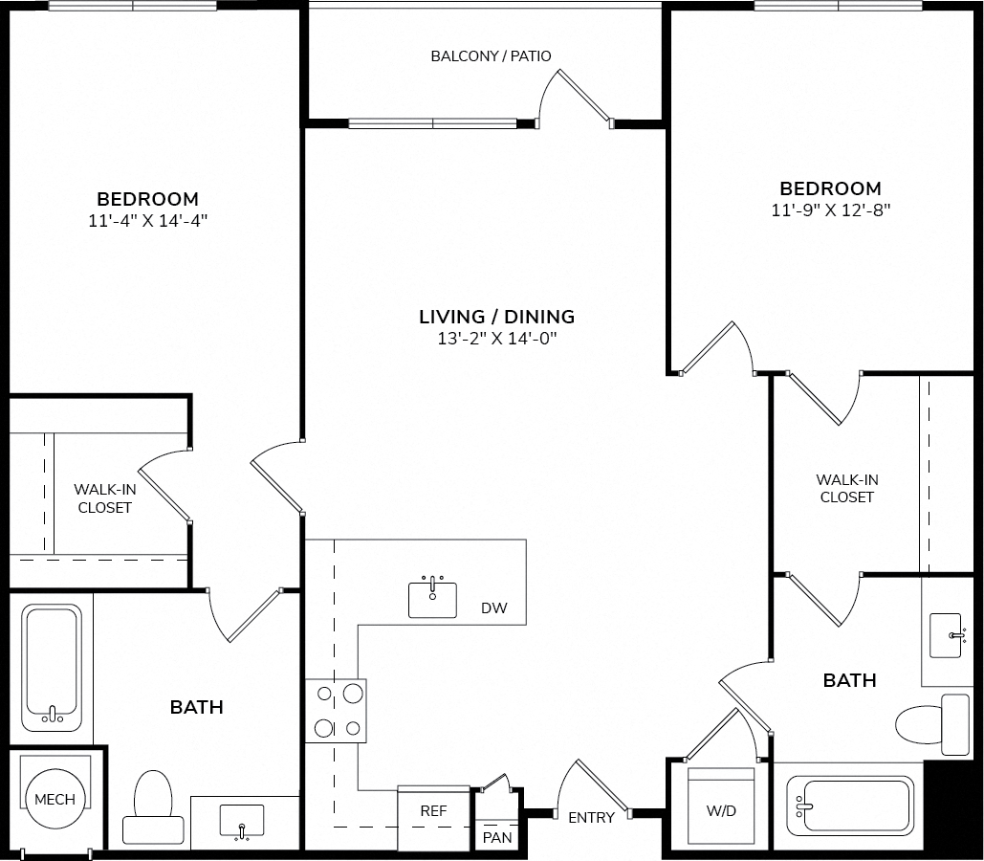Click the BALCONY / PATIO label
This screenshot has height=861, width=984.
(x=491, y=55)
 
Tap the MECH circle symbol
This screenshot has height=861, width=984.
(x=55, y=799)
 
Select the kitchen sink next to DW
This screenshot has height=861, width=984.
(x=432, y=599)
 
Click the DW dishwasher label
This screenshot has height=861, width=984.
(x=493, y=607)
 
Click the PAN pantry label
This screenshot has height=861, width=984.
(x=497, y=838)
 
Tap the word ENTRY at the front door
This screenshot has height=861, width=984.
(x=591, y=818)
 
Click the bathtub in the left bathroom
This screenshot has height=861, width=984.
(x=52, y=668)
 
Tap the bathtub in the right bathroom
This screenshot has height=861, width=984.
(x=850, y=806)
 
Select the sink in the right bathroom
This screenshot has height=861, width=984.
(x=946, y=635)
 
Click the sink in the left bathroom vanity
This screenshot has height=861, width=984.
(x=242, y=822)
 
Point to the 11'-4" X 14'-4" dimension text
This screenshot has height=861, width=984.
(x=148, y=221)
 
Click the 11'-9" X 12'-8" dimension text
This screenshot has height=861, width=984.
(x=831, y=210)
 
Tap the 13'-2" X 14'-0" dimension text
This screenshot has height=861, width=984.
(x=497, y=339)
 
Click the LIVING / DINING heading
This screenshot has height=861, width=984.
(x=497, y=317)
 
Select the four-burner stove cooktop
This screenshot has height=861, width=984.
(x=336, y=711)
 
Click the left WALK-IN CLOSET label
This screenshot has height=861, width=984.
(x=105, y=498)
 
